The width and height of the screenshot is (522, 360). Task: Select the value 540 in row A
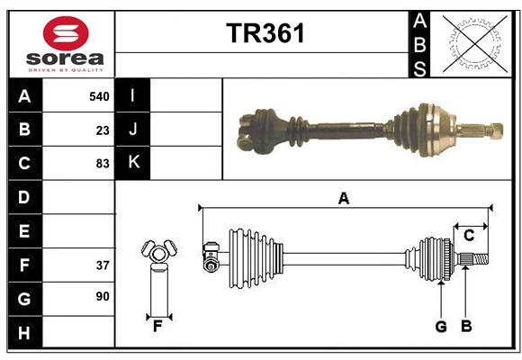[98, 95]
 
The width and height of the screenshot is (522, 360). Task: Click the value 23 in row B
[102, 130]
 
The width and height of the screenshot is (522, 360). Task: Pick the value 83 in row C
[102, 163]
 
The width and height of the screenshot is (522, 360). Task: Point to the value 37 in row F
[102, 265]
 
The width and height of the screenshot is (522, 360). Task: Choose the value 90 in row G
[102, 296]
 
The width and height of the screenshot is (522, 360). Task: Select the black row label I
[132, 95]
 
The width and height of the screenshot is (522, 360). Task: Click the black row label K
[132, 163]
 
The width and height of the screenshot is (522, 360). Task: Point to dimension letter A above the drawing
[343, 198]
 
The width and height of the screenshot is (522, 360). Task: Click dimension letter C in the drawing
[469, 236]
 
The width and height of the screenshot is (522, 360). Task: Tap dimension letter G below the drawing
[441, 326]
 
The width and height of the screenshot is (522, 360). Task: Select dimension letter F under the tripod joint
[157, 326]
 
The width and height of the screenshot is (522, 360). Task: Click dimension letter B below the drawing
[466, 326]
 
